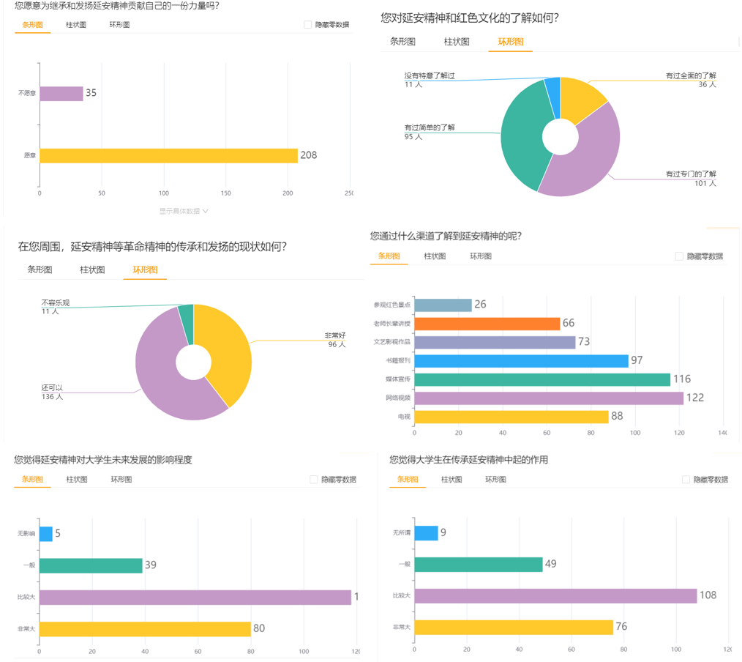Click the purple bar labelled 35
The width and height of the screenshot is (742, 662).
click(61, 94)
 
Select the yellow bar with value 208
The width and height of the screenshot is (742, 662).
click(168, 155)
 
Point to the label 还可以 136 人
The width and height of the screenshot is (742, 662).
click(53, 393)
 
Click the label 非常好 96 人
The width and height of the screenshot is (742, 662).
click(335, 340)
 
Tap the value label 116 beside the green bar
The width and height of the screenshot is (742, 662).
click(681, 379)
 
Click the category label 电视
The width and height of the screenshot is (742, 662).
click(403, 417)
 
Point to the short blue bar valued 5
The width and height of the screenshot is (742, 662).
click(45, 534)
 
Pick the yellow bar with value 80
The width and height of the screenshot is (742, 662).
click(145, 629)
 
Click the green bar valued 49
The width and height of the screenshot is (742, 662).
click(479, 564)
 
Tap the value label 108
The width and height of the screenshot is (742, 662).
click(708, 595)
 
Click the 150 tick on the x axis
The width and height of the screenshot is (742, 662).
click(226, 193)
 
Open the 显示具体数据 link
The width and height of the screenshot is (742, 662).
click(184, 211)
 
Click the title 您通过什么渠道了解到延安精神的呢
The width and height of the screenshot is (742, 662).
click(446, 236)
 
